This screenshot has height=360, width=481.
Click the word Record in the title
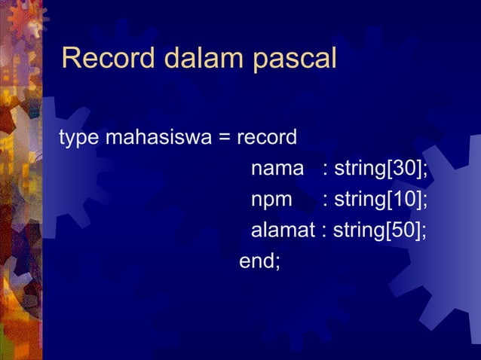[x=105, y=58]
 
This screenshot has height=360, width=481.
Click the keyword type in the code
[x=79, y=139]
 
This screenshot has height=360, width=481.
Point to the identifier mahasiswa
[x=157, y=139]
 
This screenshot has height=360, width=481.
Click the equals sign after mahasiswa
[x=224, y=139]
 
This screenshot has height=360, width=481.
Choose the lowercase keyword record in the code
[x=267, y=139]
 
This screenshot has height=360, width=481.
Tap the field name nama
[x=276, y=169]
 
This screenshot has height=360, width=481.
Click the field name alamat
[x=283, y=230]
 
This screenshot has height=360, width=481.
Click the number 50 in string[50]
[x=403, y=230]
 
